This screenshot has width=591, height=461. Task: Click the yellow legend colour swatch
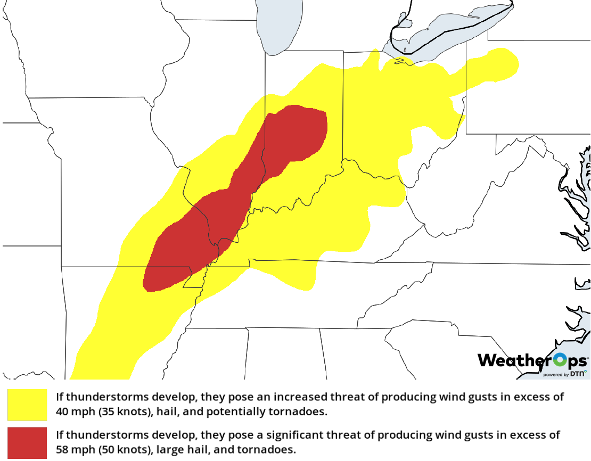(27, 405)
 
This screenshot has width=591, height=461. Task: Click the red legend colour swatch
(27, 442)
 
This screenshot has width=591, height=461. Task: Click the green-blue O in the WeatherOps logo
(560, 360)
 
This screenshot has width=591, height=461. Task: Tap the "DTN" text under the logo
(577, 374)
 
